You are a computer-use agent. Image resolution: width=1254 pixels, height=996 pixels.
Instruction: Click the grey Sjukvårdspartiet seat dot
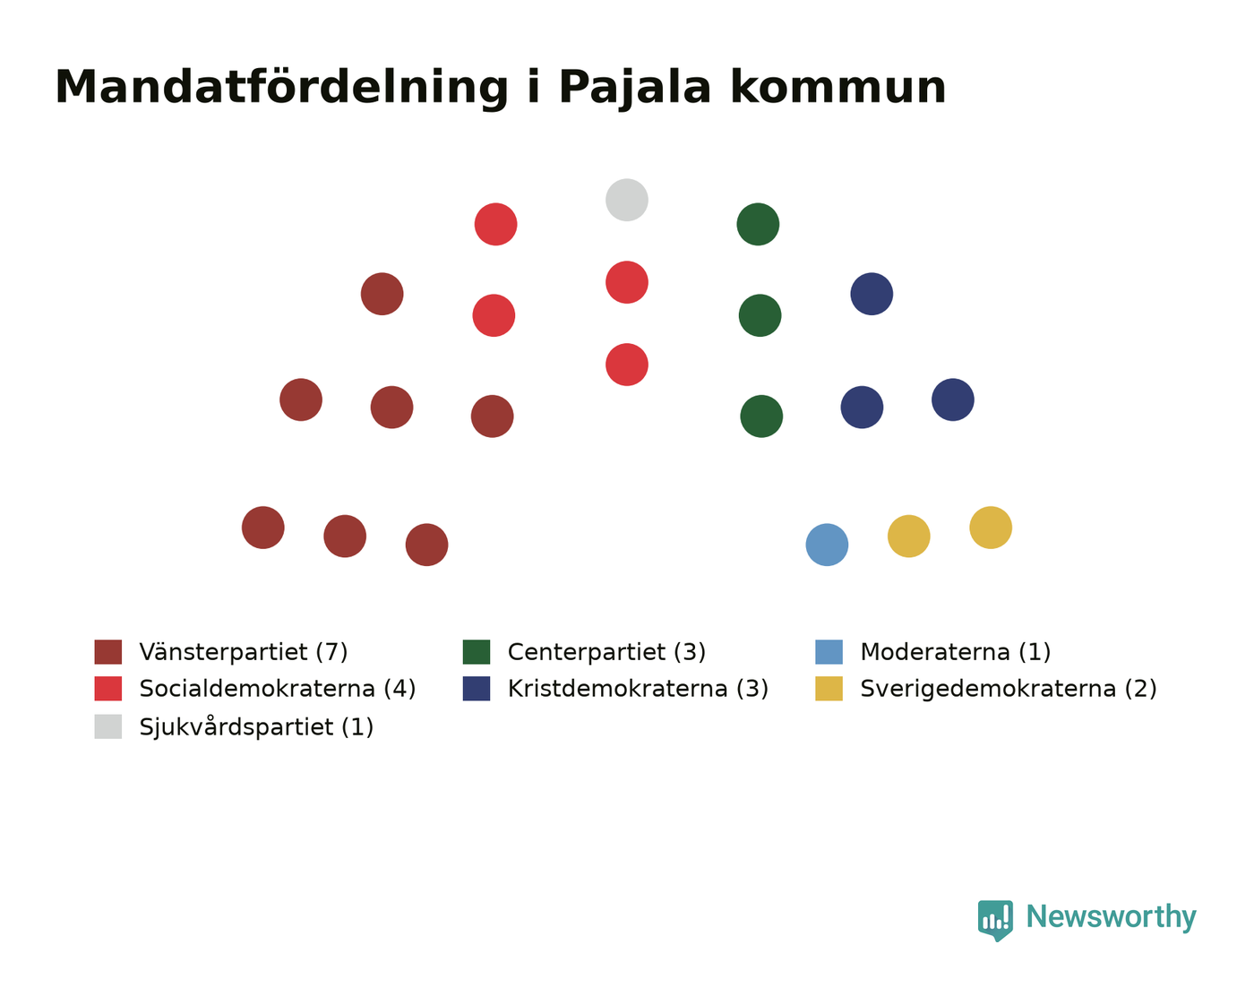point(626,200)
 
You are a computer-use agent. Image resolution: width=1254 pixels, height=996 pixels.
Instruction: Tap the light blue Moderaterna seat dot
point(827,545)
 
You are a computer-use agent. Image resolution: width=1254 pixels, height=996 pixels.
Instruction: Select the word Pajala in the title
point(635,88)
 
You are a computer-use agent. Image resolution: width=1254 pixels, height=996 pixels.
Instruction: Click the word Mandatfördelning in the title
point(282,88)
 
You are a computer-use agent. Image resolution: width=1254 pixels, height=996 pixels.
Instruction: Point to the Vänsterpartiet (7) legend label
point(244,651)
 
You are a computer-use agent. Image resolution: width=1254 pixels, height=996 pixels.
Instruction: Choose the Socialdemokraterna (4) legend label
point(278,688)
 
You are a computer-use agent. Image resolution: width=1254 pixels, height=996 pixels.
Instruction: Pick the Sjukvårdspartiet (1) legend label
point(256,726)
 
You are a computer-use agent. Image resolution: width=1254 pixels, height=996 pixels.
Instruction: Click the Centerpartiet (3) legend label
point(606,651)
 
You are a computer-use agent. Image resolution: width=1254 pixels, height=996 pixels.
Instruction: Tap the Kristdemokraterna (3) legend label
point(638,688)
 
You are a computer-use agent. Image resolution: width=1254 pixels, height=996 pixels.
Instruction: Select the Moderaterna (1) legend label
point(956,651)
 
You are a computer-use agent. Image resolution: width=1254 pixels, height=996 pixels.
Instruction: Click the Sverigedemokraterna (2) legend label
point(1009,688)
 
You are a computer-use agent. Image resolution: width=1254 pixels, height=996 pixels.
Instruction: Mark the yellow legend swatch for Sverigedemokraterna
point(829,688)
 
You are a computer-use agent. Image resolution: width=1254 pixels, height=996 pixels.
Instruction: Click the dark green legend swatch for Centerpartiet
point(477,651)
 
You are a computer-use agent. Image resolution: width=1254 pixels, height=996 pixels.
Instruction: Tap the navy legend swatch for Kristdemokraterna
point(477,688)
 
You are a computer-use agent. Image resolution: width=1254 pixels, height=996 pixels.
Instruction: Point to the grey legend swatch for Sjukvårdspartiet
point(107,726)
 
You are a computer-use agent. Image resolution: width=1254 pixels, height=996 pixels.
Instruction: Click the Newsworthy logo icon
point(995,921)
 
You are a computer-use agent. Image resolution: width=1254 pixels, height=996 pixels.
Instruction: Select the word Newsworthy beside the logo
point(1112,918)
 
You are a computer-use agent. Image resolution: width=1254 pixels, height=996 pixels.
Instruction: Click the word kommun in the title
point(838,88)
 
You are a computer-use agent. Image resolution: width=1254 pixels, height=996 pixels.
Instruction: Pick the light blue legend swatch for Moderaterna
point(829,651)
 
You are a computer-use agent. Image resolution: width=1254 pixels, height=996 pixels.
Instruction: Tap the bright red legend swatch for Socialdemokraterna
point(107,688)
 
